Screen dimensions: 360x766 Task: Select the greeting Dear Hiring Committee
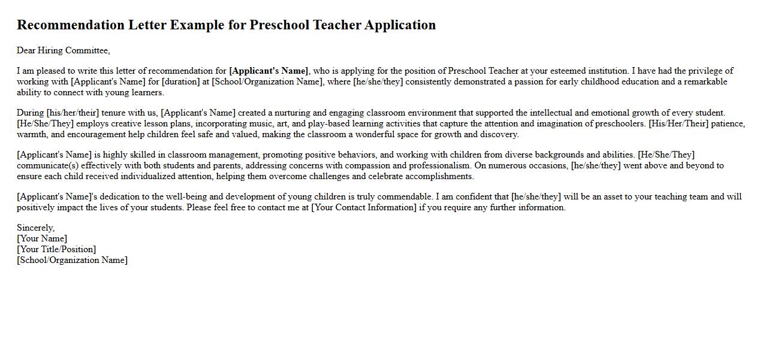pos(63,50)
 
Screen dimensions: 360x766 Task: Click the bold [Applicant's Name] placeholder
pos(269,71)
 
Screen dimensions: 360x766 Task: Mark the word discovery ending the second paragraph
pos(499,134)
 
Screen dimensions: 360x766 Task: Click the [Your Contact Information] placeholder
pos(364,207)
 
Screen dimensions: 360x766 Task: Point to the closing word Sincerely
pos(35,228)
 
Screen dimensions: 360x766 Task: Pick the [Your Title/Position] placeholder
pos(56,249)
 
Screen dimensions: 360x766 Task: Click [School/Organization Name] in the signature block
pos(72,260)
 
